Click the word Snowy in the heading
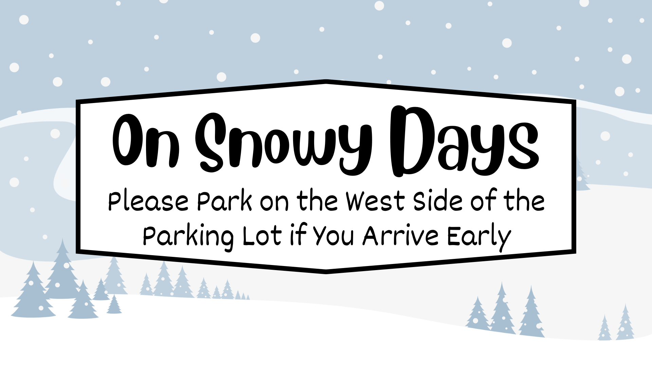[x=284, y=142]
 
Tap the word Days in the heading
[x=464, y=142]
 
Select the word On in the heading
[x=146, y=141]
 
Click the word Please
[x=148, y=202]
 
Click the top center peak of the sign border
[x=326, y=82]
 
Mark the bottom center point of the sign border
[x=326, y=271]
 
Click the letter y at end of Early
[x=504, y=239]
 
